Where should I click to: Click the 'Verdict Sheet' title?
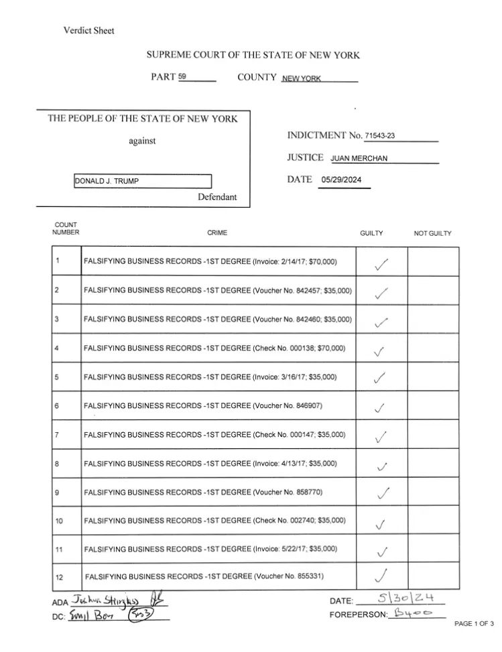88,31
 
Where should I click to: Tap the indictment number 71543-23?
379,136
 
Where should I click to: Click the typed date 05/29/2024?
342,180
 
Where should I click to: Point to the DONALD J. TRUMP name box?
142,182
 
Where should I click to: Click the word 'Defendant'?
216,198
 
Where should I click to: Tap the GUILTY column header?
371,233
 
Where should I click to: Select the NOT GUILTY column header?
432,233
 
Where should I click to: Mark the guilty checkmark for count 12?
381,575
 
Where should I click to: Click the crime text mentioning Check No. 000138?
214,348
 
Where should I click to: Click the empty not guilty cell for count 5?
433,377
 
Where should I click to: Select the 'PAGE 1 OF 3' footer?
473,624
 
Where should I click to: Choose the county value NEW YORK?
302,78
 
